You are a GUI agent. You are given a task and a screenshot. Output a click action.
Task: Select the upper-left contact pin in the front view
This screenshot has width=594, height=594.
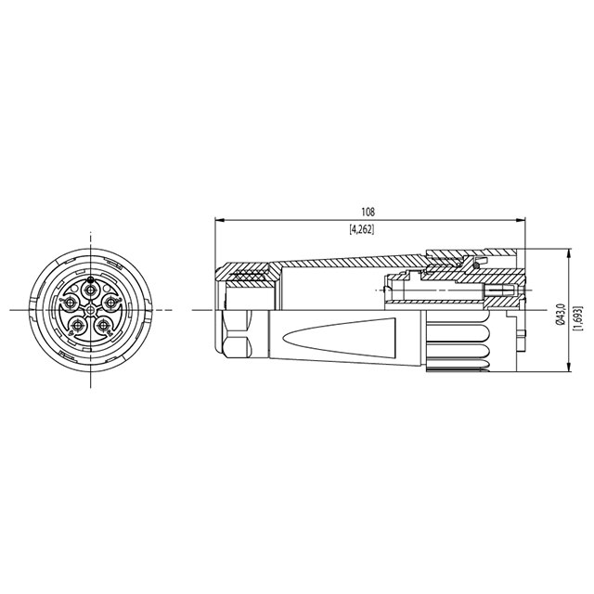[x=71, y=303]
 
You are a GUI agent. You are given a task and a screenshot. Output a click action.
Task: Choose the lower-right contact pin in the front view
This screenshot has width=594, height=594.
[x=104, y=326]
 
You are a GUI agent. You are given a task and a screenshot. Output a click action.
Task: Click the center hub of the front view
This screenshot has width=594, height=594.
[x=90, y=309]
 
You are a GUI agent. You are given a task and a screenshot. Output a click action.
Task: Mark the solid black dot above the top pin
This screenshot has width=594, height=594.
[x=90, y=278]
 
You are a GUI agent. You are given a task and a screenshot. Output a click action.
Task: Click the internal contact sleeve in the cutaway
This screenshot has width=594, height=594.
[x=436, y=297]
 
